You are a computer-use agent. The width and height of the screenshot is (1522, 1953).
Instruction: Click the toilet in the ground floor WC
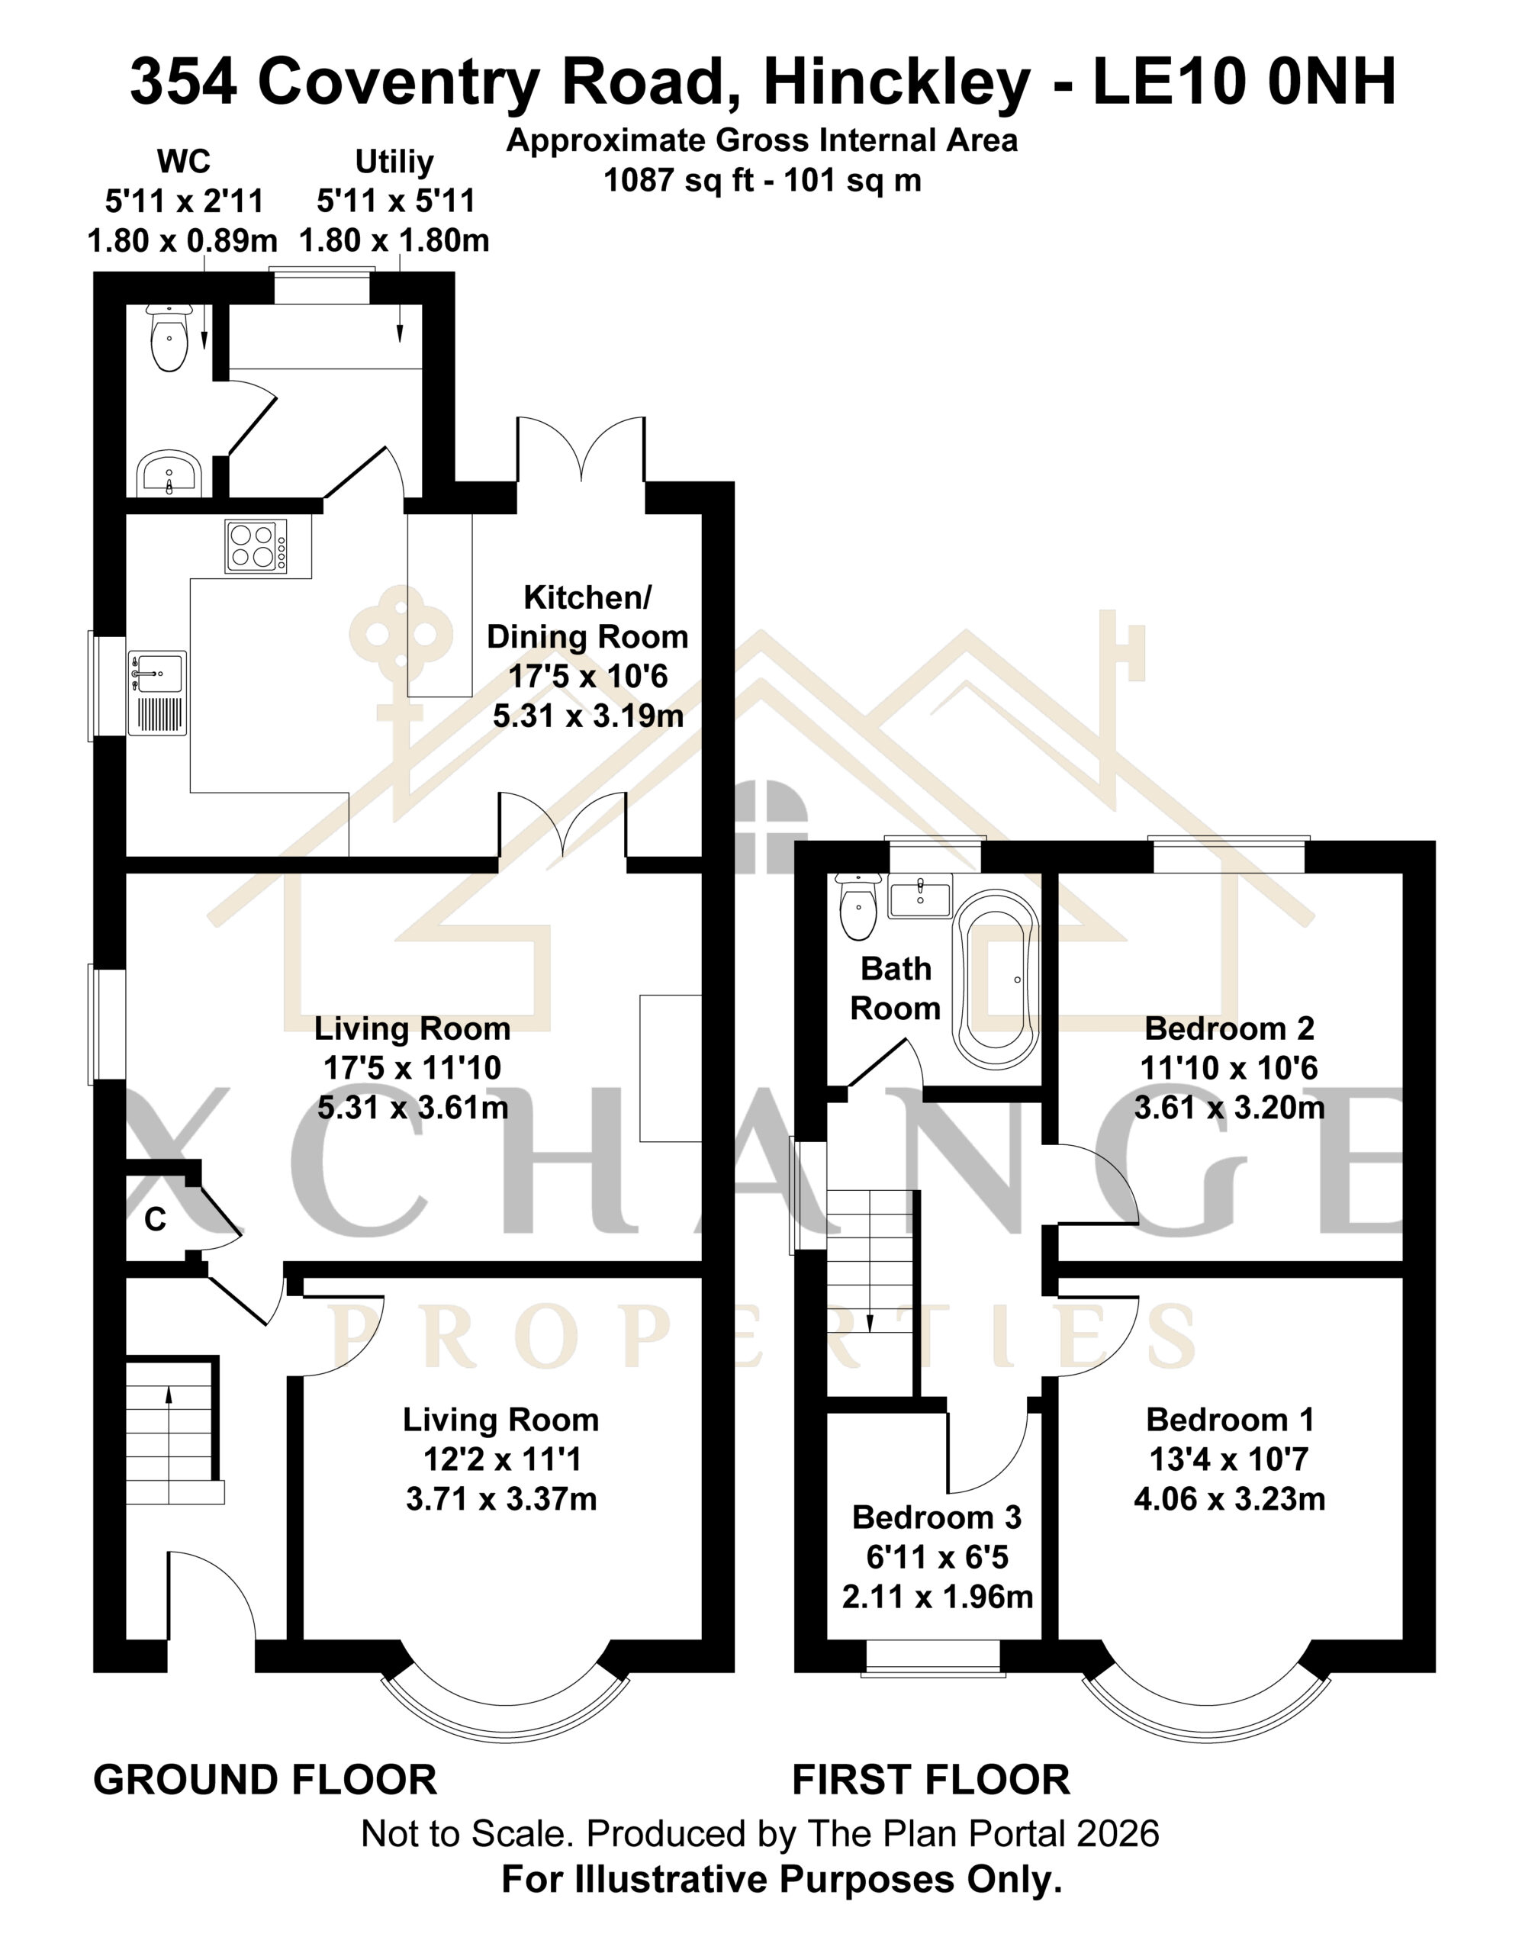click(169, 337)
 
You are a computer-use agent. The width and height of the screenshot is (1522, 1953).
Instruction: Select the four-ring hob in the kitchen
click(256, 545)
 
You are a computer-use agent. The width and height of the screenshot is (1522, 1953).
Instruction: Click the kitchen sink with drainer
click(157, 693)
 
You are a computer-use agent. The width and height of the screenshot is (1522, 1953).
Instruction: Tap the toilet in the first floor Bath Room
click(858, 907)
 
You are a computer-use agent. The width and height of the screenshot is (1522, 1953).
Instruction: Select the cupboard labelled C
click(156, 1218)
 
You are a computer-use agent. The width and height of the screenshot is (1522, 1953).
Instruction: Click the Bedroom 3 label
click(936, 1517)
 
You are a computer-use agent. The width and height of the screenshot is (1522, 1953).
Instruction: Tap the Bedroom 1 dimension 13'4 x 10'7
click(1229, 1459)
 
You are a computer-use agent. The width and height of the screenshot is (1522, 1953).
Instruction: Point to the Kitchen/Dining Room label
click(587, 617)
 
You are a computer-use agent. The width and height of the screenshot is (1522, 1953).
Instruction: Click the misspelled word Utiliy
click(394, 162)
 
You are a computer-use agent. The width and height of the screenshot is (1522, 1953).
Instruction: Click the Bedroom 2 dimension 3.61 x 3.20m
click(1229, 1108)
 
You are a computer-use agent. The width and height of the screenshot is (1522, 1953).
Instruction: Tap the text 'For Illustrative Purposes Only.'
click(781, 1881)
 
